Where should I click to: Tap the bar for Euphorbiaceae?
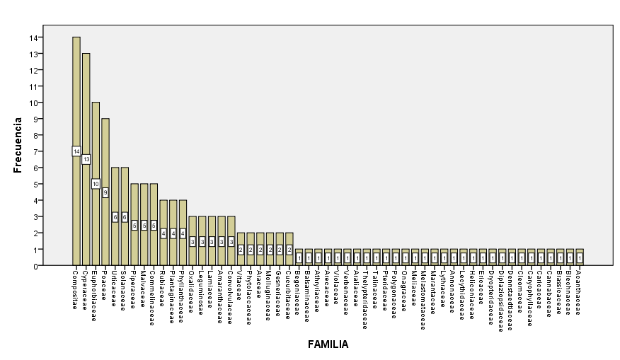pos(96,141)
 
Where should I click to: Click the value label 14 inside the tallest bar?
pos(76,151)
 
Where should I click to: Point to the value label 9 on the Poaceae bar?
pos(105,192)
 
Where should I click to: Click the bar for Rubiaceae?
pos(163,219)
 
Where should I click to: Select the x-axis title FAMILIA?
pos(328,344)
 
